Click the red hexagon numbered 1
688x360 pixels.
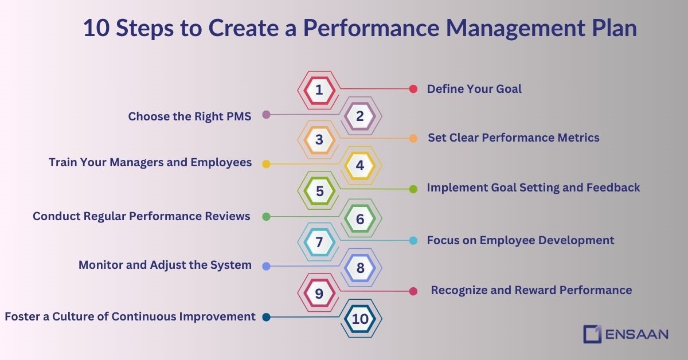coord(319,89)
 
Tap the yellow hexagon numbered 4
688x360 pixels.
coord(360,166)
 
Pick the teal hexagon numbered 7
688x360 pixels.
coord(319,242)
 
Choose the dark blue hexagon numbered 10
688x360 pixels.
coord(360,319)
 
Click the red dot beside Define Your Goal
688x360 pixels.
coord(413,89)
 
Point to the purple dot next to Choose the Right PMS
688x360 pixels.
coord(266,115)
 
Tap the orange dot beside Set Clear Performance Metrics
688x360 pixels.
coord(413,138)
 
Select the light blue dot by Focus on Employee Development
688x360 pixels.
coord(413,241)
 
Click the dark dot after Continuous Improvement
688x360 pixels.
coord(266,317)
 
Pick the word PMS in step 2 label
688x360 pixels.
coord(237,116)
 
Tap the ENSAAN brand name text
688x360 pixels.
coord(636,334)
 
